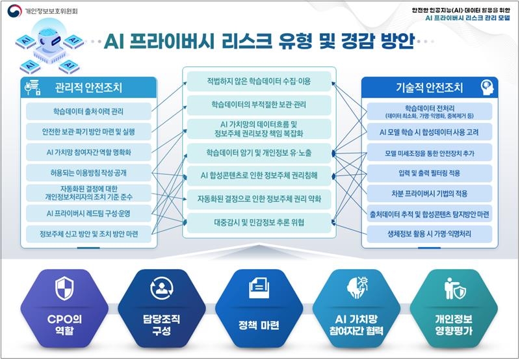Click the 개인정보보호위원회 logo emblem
[14, 11]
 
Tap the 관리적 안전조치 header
[88, 88]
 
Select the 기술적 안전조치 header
[430, 88]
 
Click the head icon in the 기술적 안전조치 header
[487, 88]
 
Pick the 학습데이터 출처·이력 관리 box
[88, 111]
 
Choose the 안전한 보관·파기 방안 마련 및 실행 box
[88, 132]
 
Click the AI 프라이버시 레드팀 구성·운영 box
[88, 214]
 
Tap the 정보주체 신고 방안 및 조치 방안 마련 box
[88, 234]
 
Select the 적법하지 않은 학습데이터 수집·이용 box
[259, 81]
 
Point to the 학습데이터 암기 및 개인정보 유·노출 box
[259, 153]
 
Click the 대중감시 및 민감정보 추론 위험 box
[259, 223]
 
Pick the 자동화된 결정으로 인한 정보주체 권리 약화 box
[259, 199]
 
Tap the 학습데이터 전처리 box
[430, 111]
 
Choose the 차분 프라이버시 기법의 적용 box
[430, 194]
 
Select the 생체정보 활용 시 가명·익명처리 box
[430, 234]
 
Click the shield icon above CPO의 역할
[64, 289]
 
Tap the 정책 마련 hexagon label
[259, 325]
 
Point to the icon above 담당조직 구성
[161, 289]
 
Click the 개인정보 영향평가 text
[454, 325]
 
